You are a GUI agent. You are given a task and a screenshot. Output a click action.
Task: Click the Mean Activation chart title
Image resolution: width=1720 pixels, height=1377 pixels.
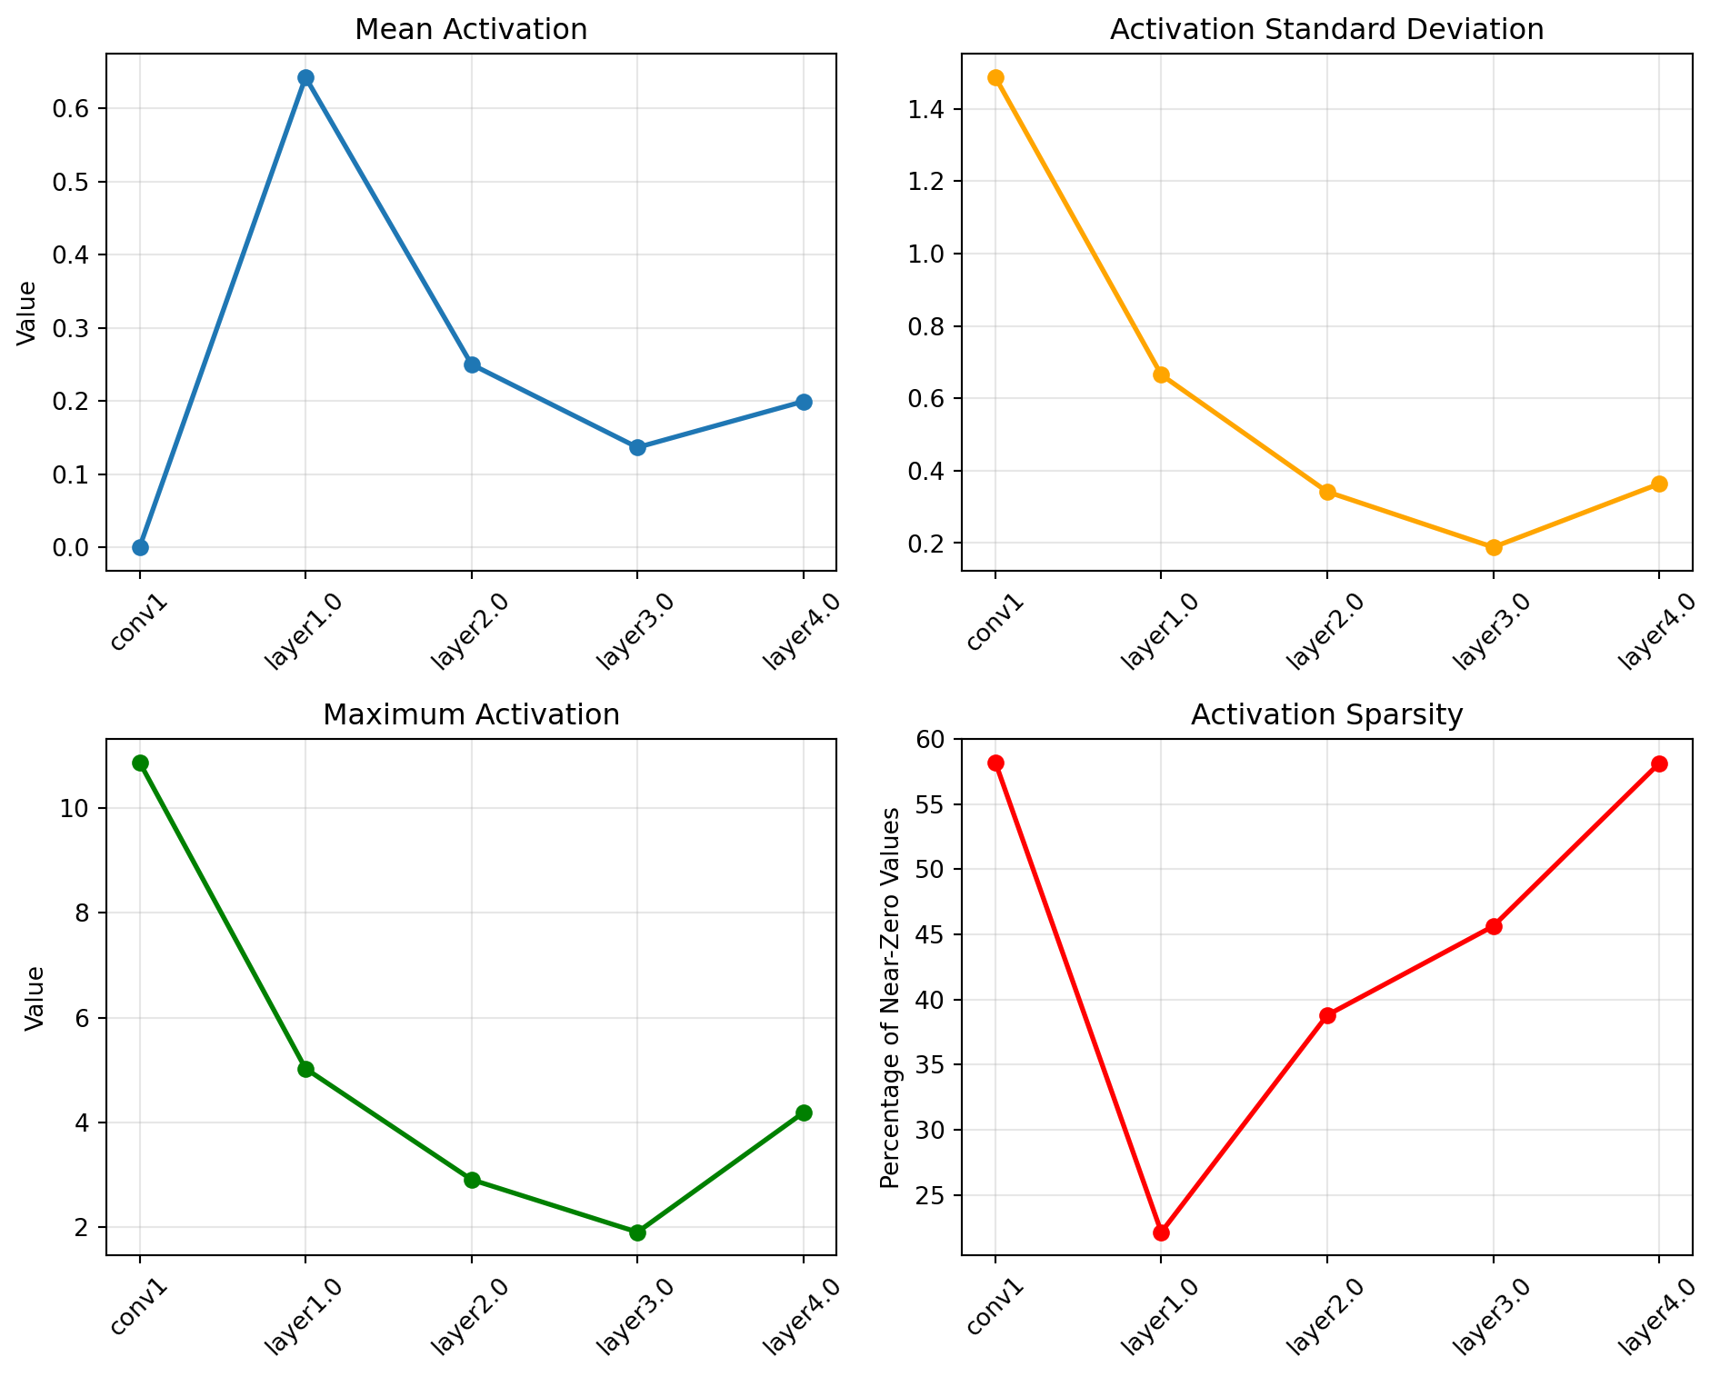tap(471, 30)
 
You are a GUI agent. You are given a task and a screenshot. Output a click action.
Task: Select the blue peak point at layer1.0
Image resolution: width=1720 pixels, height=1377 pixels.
tap(305, 77)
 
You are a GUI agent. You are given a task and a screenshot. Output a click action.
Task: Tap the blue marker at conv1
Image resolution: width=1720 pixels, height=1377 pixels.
tap(140, 547)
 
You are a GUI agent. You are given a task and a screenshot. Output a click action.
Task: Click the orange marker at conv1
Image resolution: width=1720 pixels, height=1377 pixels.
tap(995, 77)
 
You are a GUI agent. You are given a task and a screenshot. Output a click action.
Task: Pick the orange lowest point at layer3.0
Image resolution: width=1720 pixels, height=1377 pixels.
tap(1494, 547)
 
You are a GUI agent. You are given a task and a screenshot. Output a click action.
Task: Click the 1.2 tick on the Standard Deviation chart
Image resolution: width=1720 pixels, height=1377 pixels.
tap(929, 182)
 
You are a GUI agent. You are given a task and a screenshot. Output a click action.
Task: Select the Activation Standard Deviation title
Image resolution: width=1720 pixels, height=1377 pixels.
tap(1326, 30)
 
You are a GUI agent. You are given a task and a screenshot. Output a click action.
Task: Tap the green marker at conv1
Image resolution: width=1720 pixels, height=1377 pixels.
tap(140, 763)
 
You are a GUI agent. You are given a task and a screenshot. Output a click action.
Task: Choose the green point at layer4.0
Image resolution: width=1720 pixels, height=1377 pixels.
tap(804, 1113)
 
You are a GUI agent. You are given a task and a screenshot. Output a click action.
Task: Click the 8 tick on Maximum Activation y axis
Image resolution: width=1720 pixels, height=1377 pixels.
tap(83, 913)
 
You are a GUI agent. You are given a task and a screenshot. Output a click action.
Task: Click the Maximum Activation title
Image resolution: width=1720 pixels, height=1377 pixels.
tap(471, 715)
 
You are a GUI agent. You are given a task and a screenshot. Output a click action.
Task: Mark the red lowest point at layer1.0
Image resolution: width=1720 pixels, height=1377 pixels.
tap(1161, 1232)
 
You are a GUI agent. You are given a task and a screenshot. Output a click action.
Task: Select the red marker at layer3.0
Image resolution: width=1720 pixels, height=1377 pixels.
tap(1494, 926)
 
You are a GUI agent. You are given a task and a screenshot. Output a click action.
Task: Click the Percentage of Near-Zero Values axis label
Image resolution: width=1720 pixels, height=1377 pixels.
tap(891, 997)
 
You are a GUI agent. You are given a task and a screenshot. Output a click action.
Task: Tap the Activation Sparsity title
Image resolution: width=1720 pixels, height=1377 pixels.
tap(1326, 715)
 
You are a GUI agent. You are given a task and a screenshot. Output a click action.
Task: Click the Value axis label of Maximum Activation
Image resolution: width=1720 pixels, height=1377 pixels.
tap(35, 997)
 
